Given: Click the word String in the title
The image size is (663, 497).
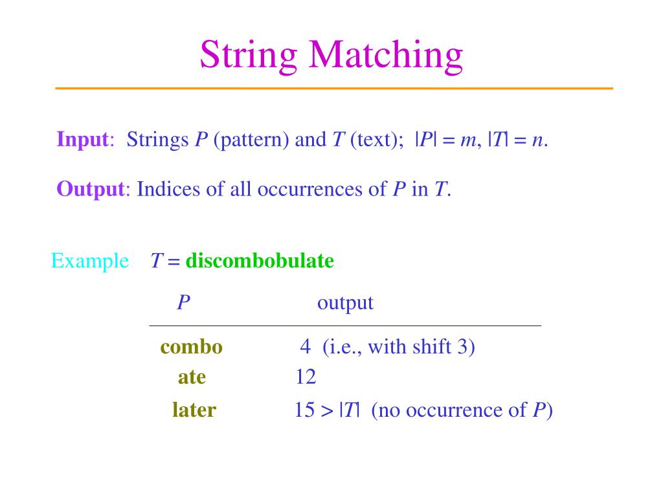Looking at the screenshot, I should click(248, 55).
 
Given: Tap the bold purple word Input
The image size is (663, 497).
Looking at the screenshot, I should click(82, 139).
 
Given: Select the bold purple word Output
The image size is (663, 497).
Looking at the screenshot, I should click(90, 189).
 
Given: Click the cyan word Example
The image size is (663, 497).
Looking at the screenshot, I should click(90, 261).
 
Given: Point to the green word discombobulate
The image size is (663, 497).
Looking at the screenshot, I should click(260, 261).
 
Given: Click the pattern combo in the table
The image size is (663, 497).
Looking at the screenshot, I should click(192, 347).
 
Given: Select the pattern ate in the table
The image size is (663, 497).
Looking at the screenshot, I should click(192, 377).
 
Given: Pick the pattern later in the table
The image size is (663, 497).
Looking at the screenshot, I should click(194, 410).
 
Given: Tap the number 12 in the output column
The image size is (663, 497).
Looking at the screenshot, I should click(306, 377).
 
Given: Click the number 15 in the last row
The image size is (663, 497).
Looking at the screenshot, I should click(304, 410).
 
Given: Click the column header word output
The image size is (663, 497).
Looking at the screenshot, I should click(345, 303).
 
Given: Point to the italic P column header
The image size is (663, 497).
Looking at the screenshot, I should click(183, 303).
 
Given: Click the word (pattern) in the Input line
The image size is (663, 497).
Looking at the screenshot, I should click(251, 139).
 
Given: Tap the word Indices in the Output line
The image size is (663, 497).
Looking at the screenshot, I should click(168, 189).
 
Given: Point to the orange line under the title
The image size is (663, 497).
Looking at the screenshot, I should click(333, 88).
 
